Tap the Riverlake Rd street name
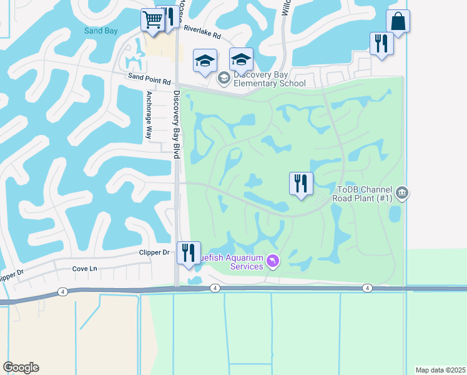pos(202,32)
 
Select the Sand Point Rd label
pos(149,81)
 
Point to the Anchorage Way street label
pos(149,115)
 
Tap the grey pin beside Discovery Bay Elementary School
pos(223,78)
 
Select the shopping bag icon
pos(398,21)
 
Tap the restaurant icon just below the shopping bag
pos(381,43)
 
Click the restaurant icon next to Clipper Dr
pos(189,252)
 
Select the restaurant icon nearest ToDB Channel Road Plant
pos(301,183)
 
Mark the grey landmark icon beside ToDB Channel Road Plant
pos(402,192)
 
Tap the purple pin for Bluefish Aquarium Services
pos(272,261)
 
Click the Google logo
pos(21,367)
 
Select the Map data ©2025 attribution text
pos(440,370)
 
